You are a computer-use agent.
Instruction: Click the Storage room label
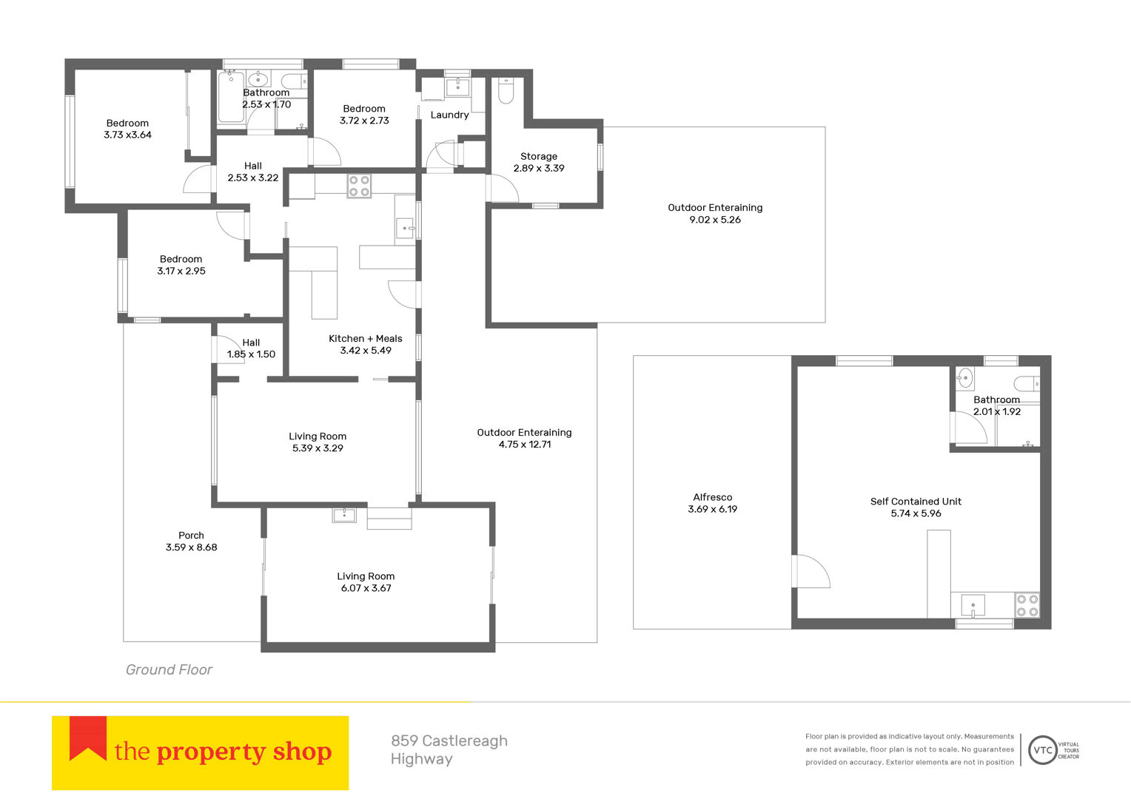tap(539, 156)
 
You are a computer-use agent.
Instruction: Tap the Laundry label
tap(449, 115)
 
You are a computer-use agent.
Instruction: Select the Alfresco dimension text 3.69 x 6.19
tap(713, 509)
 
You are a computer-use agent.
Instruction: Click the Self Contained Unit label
tap(916, 501)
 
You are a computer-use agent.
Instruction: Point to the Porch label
tap(191, 535)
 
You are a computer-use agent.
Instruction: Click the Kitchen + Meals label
tap(365, 339)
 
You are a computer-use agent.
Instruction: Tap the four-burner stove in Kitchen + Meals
tap(359, 185)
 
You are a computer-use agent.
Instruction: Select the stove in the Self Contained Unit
tap(1027, 605)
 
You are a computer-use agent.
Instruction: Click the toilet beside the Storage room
tap(506, 90)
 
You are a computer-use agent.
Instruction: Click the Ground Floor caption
tap(169, 670)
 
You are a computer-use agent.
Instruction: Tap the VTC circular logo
tap(1043, 750)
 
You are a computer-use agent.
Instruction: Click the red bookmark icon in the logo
tap(88, 738)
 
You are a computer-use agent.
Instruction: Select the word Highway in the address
tap(422, 759)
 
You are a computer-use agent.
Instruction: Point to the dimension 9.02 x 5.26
tap(715, 220)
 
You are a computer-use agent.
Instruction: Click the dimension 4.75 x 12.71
tap(525, 445)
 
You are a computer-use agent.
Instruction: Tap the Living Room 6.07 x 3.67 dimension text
tap(366, 588)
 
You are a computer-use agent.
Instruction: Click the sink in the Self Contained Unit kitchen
tap(973, 606)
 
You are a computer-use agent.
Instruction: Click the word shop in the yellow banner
tap(302, 752)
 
